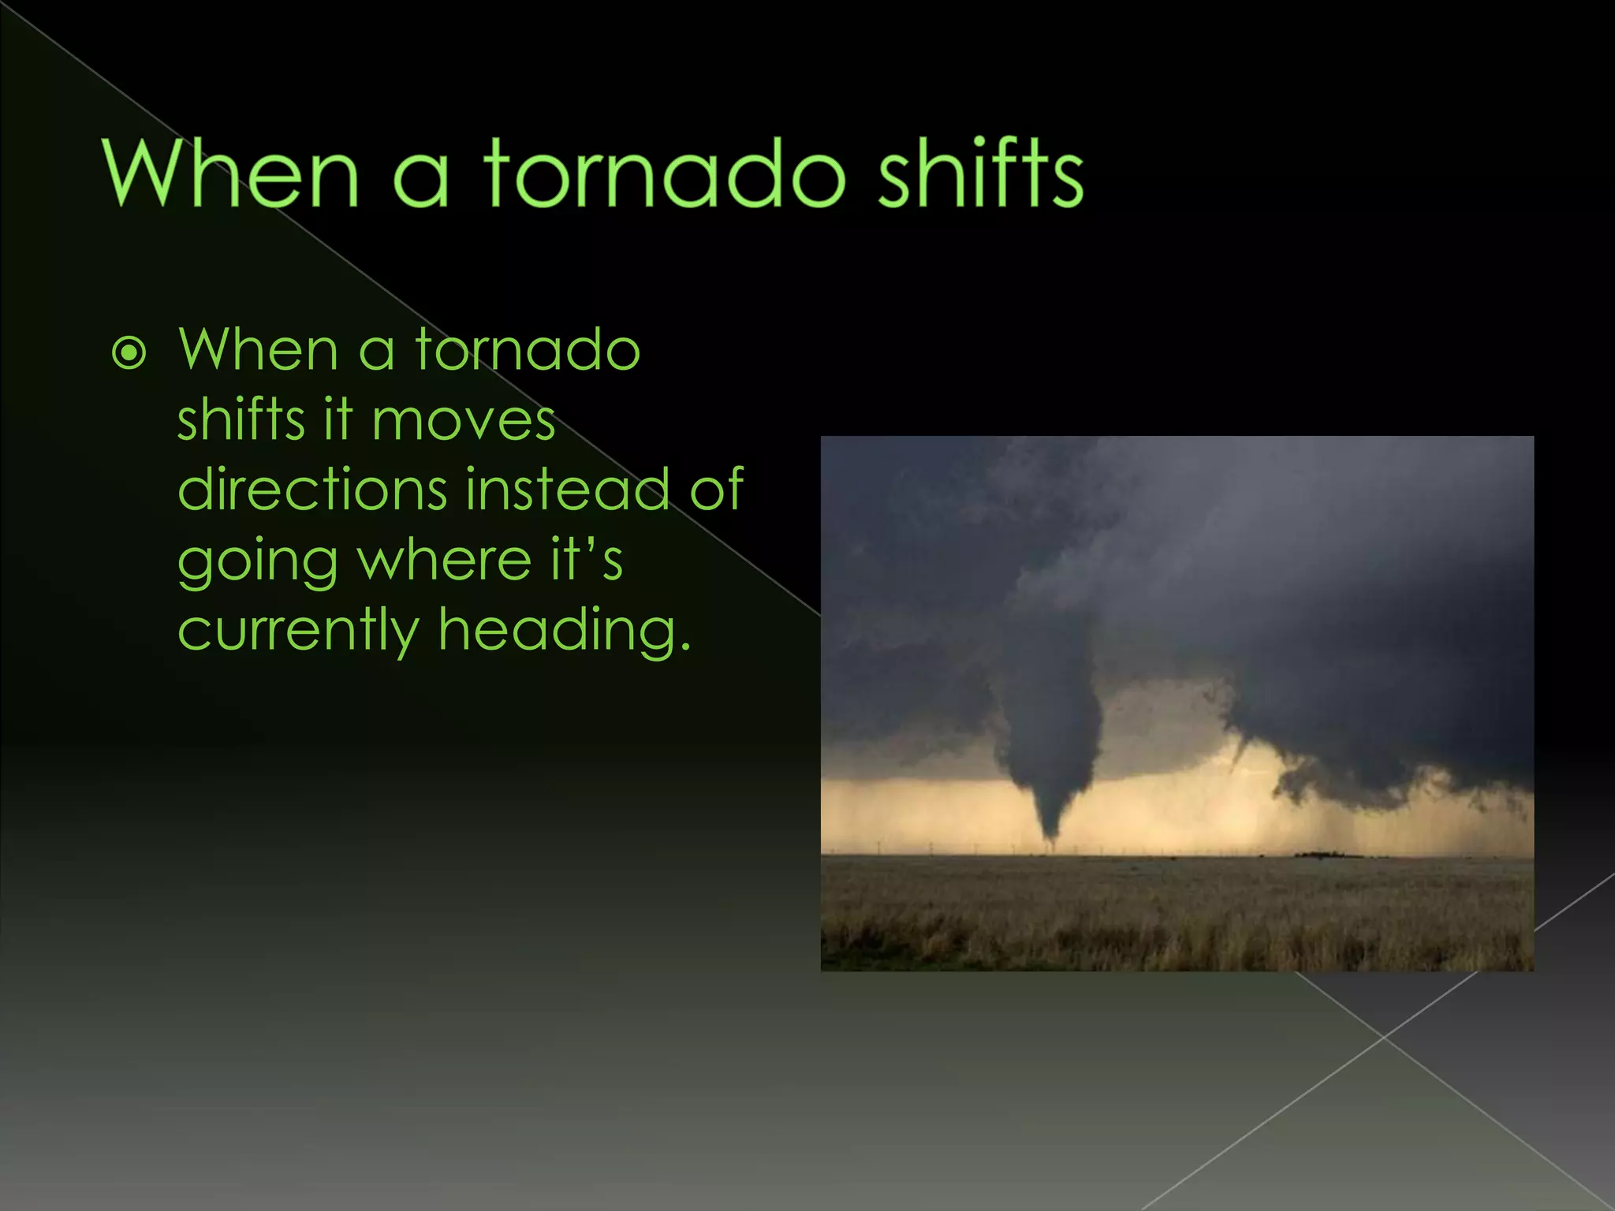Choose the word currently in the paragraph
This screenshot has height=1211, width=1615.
(x=298, y=631)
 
